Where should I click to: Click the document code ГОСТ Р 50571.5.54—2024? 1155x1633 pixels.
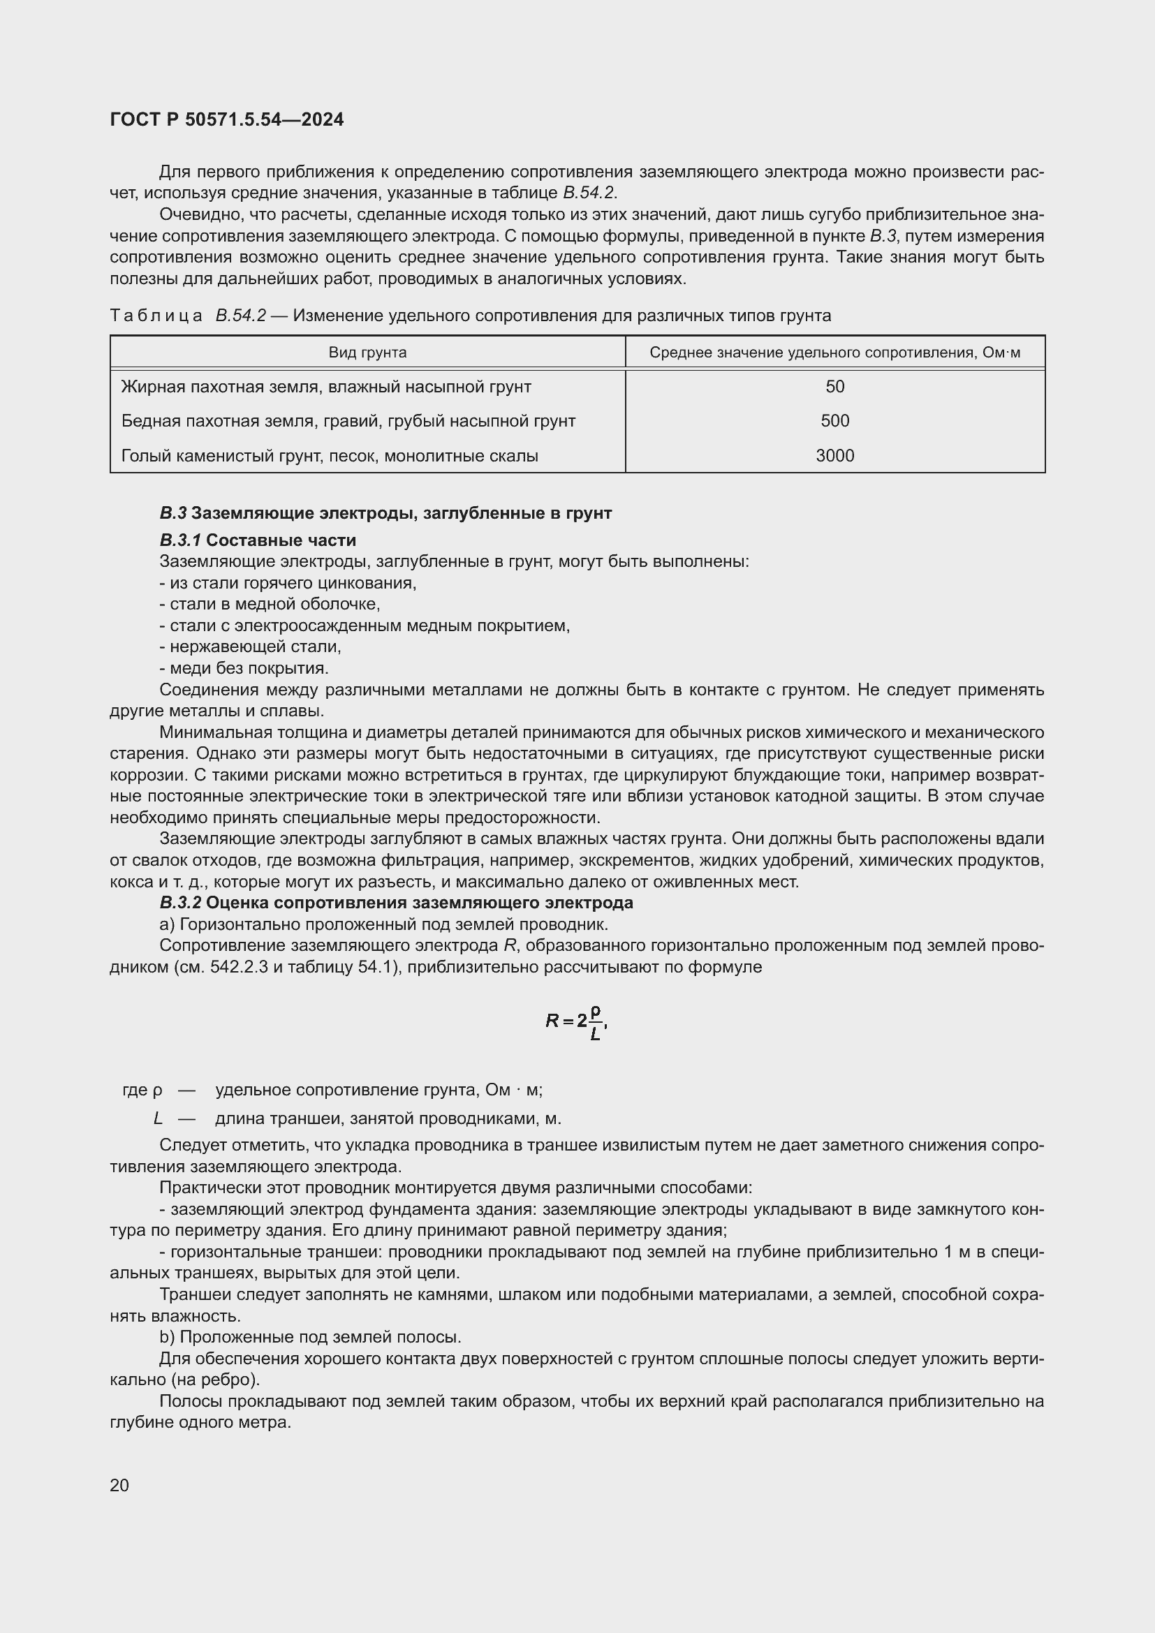(227, 119)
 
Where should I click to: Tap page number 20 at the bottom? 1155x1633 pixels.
(119, 1485)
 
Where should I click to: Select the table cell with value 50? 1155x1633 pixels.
(834, 387)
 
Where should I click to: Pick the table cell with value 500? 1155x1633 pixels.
(834, 421)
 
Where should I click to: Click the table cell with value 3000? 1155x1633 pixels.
(834, 456)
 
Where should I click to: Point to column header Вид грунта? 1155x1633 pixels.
(367, 353)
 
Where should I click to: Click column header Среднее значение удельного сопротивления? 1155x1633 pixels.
(834, 353)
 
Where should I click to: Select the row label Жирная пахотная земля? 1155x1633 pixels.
(325, 387)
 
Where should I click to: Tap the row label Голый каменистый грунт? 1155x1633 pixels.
(330, 456)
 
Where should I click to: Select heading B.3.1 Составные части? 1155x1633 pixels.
(258, 540)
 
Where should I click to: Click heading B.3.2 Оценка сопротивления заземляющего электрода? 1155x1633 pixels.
(396, 903)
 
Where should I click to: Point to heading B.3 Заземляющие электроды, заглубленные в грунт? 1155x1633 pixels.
(385, 514)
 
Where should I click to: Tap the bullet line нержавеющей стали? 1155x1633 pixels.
(251, 647)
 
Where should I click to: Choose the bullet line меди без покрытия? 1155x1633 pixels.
(244, 669)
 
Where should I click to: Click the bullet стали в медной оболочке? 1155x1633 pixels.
(270, 605)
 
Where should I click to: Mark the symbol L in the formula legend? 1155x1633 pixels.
(158, 1118)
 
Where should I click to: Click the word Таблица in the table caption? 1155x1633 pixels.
(156, 316)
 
